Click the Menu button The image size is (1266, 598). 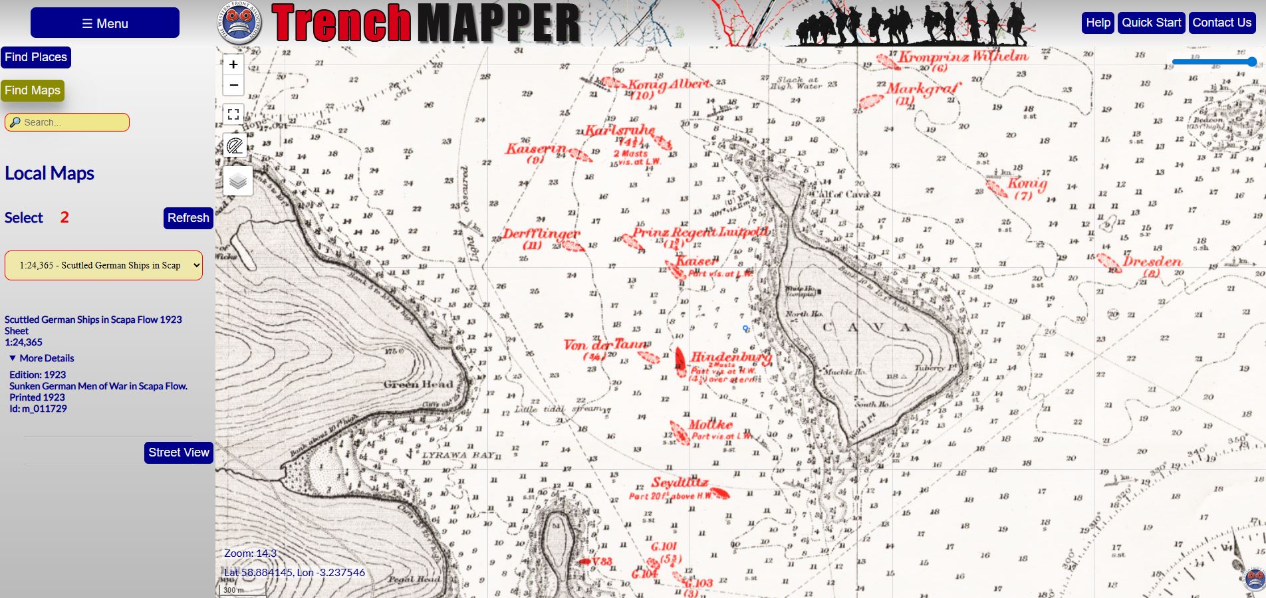click(x=105, y=23)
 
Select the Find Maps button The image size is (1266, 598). click(x=33, y=90)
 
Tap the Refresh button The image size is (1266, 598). click(x=188, y=218)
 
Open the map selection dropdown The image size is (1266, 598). click(x=104, y=265)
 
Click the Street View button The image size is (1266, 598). click(x=178, y=452)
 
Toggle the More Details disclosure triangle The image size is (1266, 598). click(x=13, y=358)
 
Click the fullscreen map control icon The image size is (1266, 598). click(x=233, y=114)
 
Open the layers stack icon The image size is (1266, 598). click(x=237, y=181)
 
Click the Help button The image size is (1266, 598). click(x=1098, y=23)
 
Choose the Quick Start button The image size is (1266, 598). click(x=1151, y=23)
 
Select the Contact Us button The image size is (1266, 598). click(x=1221, y=23)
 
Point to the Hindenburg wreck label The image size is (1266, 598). click(x=730, y=357)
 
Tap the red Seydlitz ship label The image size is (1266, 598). click(x=680, y=482)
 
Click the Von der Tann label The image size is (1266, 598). click(x=604, y=345)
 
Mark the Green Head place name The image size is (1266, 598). click(x=418, y=384)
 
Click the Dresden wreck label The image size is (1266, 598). click(x=1152, y=261)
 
